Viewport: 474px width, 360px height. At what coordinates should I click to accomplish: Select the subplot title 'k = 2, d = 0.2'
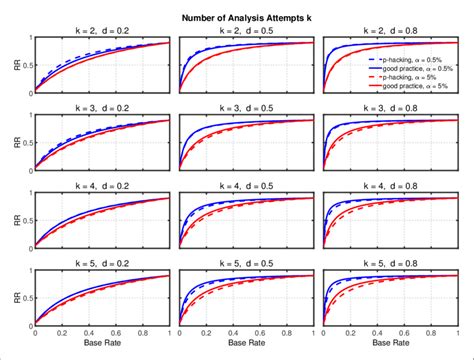point(102,32)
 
